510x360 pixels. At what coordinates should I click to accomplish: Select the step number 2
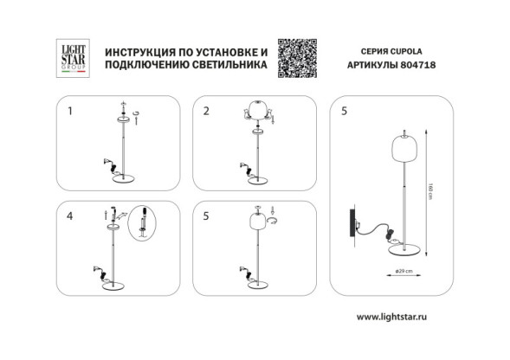206,112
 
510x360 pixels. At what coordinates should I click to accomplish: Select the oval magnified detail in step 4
138,223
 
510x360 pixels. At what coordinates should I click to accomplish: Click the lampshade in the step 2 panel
256,112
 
